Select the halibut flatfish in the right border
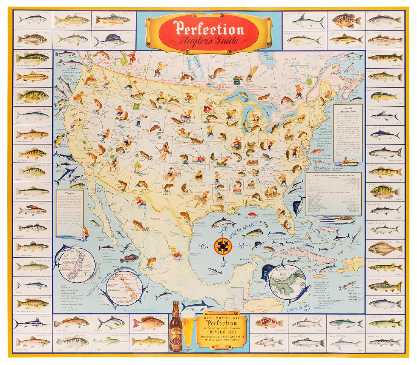(x=384, y=248)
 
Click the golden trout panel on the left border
(x=32, y=77)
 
